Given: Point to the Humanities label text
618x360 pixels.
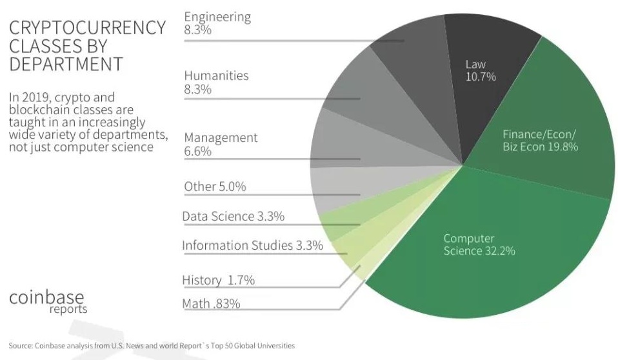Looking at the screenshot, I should click(216, 75).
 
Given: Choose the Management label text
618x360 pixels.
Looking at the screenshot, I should click(221, 137).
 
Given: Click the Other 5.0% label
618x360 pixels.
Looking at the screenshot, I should click(215, 186).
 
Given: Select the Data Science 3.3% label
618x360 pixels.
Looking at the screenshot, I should click(233, 216).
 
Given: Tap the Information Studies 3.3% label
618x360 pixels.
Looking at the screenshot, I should click(252, 245).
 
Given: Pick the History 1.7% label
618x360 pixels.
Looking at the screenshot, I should click(218, 280).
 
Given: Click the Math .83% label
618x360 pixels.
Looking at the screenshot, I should click(211, 303).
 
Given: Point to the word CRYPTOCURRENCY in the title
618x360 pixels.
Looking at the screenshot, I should click(88, 28).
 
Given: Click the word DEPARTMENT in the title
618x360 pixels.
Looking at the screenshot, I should click(66, 65).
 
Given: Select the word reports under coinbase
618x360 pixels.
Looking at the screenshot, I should click(68, 310).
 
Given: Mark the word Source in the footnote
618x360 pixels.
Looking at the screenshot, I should click(20, 346).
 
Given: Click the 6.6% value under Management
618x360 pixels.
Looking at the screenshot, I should click(197, 151).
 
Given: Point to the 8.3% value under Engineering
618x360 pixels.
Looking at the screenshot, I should click(197, 30).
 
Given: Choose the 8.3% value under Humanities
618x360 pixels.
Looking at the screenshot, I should click(197, 90).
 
